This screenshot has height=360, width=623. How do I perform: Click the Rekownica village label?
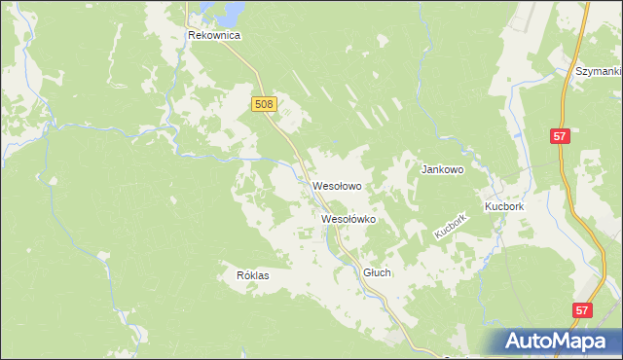214,35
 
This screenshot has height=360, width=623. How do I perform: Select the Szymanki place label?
599,72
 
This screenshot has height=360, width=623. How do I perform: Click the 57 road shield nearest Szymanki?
559,137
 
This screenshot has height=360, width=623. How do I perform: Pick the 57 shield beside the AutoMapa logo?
581,310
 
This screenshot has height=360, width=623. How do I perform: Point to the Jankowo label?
442,169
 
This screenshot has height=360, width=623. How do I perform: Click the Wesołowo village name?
338,185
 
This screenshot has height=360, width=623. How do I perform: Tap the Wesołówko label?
348,220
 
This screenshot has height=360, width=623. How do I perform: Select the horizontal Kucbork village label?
504,208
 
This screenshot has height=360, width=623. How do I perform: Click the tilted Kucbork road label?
452,228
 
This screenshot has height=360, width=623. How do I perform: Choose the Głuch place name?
377,273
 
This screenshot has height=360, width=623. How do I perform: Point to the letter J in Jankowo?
423,169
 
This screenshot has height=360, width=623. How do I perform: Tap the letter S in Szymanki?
579,72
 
